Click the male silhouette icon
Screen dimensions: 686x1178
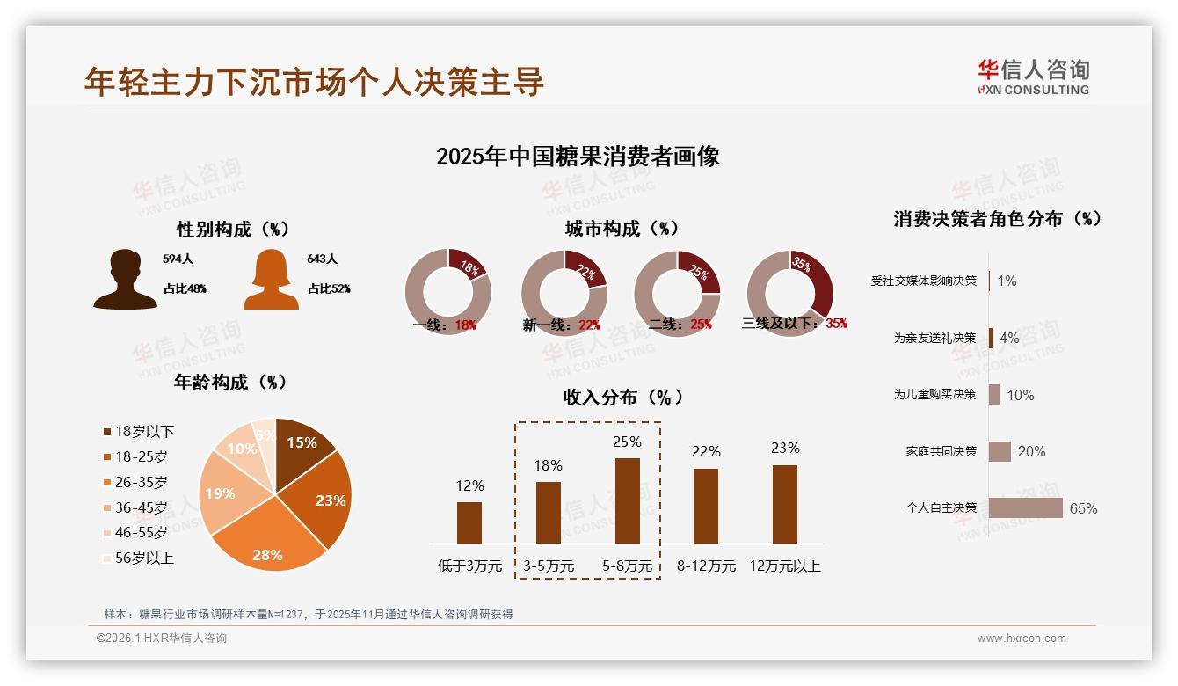125,279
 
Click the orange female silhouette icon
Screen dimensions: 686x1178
271,279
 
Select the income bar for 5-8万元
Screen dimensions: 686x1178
627,500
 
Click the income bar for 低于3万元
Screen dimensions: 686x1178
469,522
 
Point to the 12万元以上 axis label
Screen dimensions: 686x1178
784,566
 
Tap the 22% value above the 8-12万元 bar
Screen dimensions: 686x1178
706,451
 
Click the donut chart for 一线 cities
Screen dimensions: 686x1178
447,291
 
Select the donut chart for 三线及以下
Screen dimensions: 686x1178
789,291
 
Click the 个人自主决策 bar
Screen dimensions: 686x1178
1025,508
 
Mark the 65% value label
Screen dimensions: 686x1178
1083,508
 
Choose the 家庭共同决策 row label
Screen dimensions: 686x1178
941,451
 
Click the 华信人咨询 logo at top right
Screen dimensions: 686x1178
1033,77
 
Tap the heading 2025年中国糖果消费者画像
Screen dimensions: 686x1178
578,157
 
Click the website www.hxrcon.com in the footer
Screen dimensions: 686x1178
1022,639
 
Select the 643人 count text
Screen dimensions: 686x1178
322,259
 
